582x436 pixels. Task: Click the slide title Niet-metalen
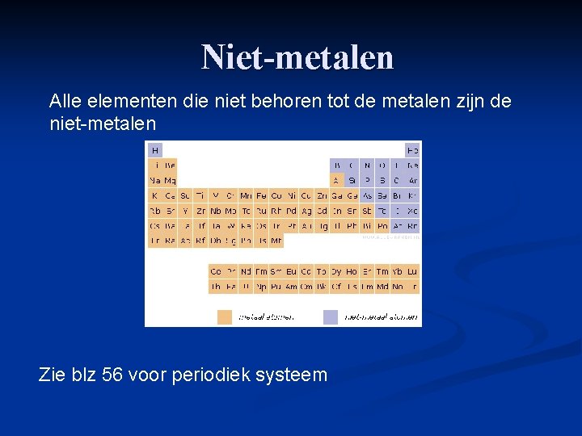[x=297, y=57]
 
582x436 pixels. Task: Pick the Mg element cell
[x=170, y=180]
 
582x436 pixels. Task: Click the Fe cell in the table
[x=261, y=195]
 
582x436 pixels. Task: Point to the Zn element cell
[x=322, y=195]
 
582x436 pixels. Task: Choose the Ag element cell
[x=306, y=211]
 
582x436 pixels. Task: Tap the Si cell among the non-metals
[x=352, y=180]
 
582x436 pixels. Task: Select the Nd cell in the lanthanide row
[x=246, y=271]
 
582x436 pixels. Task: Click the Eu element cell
[x=291, y=271]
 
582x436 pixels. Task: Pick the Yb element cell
[x=397, y=271]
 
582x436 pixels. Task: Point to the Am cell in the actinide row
[x=291, y=287]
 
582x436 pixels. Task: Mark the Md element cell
[x=382, y=287]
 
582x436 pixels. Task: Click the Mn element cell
[x=246, y=195]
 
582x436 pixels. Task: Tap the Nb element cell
[x=216, y=211]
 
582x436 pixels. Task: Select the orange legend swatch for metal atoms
[x=224, y=317]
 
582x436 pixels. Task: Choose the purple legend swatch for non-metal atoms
[x=331, y=317]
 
